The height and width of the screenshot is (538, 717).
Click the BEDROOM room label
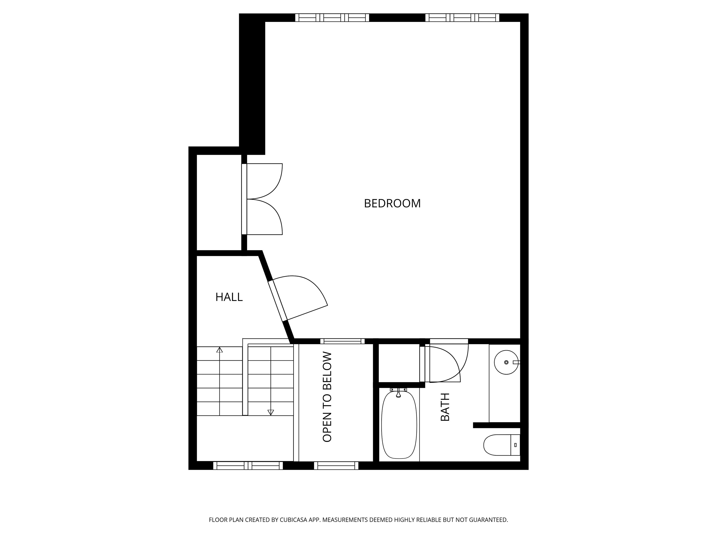click(392, 203)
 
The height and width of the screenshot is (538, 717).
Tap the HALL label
click(229, 297)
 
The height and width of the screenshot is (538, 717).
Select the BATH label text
click(445, 407)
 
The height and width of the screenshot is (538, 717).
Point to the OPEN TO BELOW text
click(327, 397)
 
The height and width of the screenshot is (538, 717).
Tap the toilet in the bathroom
click(501, 445)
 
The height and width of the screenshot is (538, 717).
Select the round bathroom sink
click(506, 362)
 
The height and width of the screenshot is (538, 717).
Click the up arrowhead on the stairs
click(219, 350)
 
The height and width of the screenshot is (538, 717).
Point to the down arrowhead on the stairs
click(271, 413)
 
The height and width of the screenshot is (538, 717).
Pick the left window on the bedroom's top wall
click(332, 18)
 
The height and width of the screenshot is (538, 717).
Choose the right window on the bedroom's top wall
click(462, 18)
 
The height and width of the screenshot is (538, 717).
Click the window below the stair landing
click(248, 466)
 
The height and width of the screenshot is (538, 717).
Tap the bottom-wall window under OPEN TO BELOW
click(336, 466)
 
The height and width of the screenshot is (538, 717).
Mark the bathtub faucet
click(398, 394)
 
